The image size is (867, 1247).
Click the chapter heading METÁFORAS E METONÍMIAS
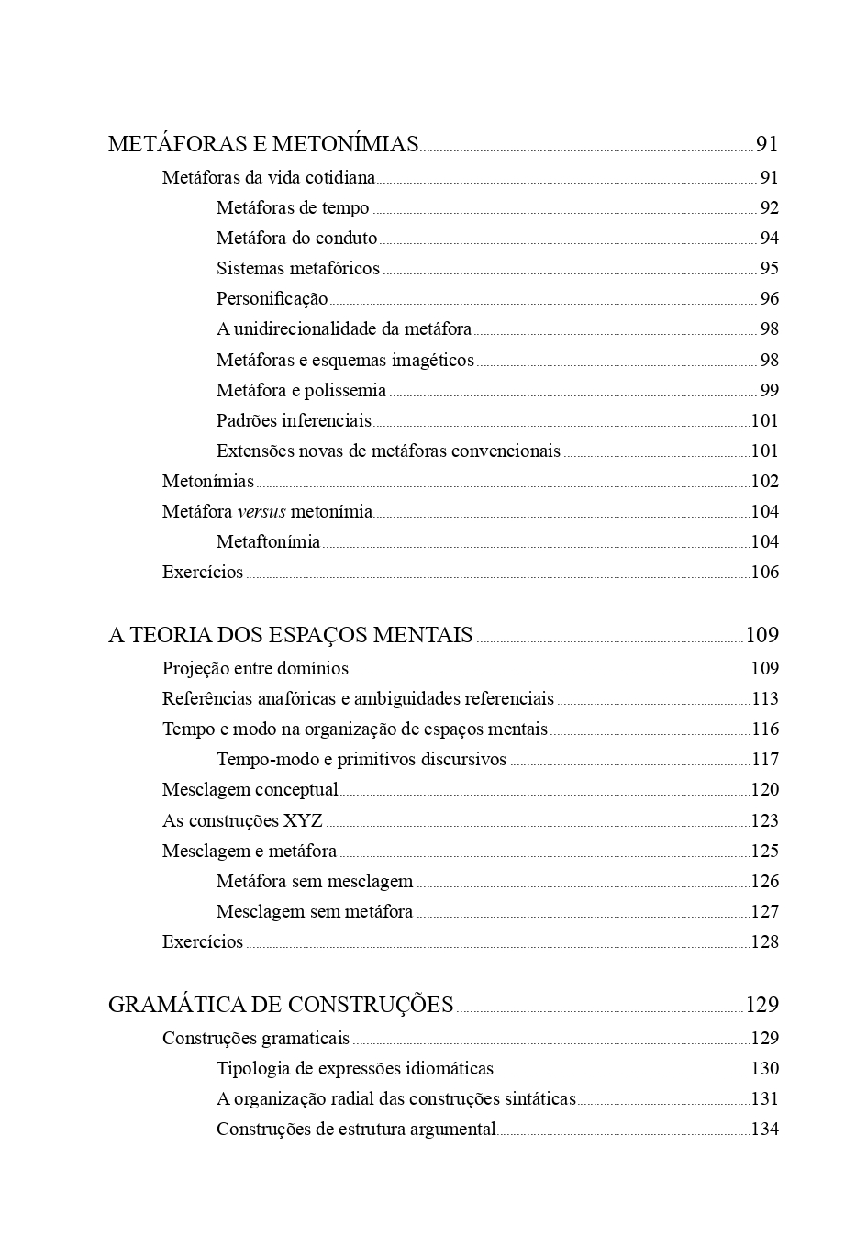click(263, 144)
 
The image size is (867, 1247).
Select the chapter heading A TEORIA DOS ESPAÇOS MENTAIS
click(290, 635)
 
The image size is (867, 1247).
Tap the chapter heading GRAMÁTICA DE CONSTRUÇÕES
click(281, 1005)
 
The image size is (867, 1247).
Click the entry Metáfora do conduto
click(296, 239)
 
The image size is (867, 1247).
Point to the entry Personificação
click(272, 299)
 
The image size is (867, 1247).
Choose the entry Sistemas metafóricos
click(297, 269)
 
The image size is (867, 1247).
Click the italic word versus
click(261, 512)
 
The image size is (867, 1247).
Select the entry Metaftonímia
click(268, 542)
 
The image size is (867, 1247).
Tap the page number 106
click(764, 573)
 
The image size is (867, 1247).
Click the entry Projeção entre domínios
click(255, 669)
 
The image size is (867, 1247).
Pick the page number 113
click(764, 699)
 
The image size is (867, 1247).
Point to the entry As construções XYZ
click(242, 821)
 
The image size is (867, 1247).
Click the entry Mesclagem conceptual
click(250, 790)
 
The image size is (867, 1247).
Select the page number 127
click(764, 912)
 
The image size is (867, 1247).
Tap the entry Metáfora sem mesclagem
click(315, 882)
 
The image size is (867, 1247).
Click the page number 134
click(764, 1130)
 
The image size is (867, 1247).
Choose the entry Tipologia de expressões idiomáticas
click(354, 1069)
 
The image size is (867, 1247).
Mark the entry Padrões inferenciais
click(294, 421)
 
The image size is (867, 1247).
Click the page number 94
click(769, 239)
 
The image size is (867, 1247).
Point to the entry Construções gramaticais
click(255, 1039)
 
